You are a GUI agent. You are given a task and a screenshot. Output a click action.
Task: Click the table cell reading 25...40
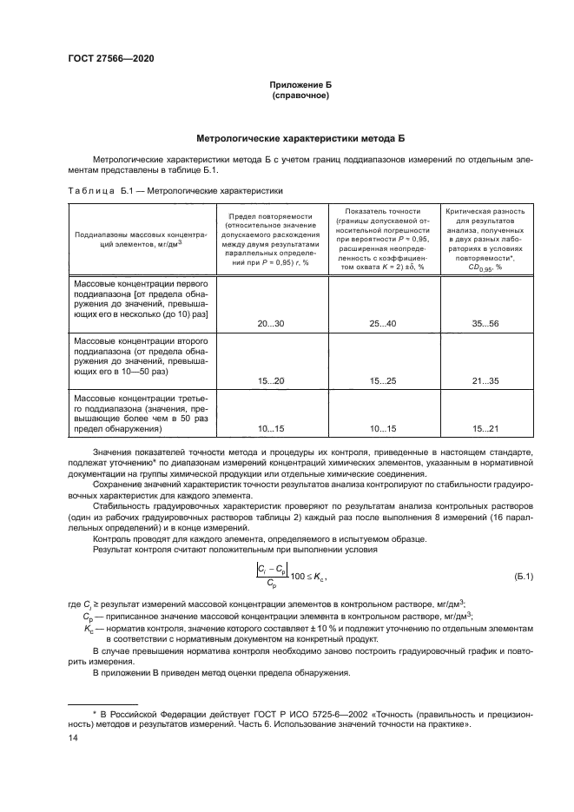(382, 322)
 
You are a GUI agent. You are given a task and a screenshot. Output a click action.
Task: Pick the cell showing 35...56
(485, 322)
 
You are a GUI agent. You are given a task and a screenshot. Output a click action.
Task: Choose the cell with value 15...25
(382, 380)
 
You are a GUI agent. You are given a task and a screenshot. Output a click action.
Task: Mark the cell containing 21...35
(485, 380)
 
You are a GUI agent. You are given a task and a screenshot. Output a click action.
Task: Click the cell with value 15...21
(485, 429)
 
